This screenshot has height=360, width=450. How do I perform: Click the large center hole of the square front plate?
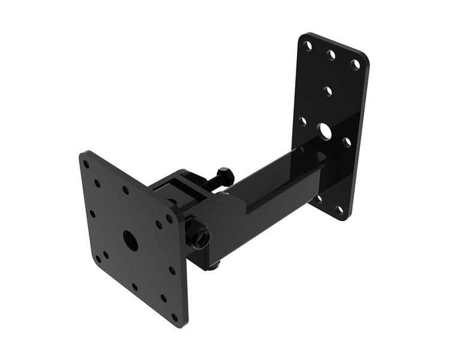[x=130, y=238]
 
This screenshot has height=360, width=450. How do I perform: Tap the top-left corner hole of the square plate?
[x=86, y=163]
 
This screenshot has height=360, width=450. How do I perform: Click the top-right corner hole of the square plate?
[x=170, y=219]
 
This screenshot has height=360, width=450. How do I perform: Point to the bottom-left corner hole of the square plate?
[x=98, y=259]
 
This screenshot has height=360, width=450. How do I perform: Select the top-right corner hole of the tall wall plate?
[x=356, y=62]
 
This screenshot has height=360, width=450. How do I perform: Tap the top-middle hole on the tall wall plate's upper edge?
[x=331, y=53]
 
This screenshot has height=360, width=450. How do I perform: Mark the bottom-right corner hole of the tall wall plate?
[x=340, y=210]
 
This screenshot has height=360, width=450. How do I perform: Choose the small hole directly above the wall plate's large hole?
[x=328, y=91]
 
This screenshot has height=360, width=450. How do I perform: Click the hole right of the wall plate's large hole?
[x=347, y=142]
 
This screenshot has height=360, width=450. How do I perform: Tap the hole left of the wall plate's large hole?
[x=302, y=121]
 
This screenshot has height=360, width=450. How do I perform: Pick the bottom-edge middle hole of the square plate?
[x=134, y=287]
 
